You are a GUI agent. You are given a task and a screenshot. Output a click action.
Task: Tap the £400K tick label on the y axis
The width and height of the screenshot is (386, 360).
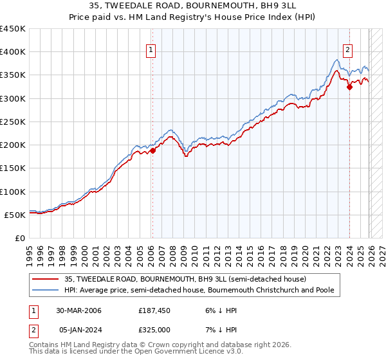pyautogui.click(x=13, y=52)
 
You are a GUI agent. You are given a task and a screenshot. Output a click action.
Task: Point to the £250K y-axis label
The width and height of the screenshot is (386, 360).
pyautogui.click(x=13, y=122)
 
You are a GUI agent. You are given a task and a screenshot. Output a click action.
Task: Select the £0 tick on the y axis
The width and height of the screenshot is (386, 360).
pyautogui.click(x=20, y=238)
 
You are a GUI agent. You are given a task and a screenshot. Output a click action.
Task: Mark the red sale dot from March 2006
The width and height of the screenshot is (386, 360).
pyautogui.click(x=153, y=150)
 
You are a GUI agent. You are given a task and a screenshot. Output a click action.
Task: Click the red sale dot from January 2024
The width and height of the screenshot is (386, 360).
pyautogui.click(x=349, y=87)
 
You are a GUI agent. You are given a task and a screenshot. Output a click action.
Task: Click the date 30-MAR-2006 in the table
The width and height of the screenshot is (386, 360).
pyautogui.click(x=78, y=310)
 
